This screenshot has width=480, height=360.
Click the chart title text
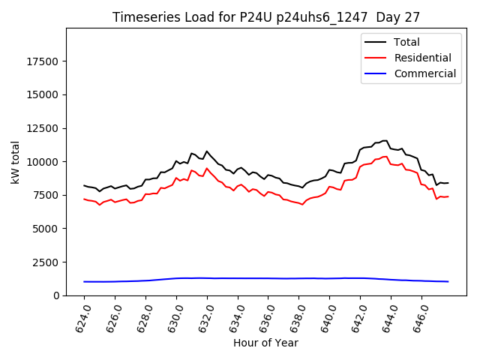click(266, 17)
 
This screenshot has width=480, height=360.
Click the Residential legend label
click(422, 58)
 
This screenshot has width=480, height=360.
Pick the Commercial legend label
click(424, 73)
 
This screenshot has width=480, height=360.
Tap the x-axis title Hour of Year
click(265, 343)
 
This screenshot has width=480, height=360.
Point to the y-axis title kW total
click(15, 162)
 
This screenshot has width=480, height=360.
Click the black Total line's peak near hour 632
click(207, 151)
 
